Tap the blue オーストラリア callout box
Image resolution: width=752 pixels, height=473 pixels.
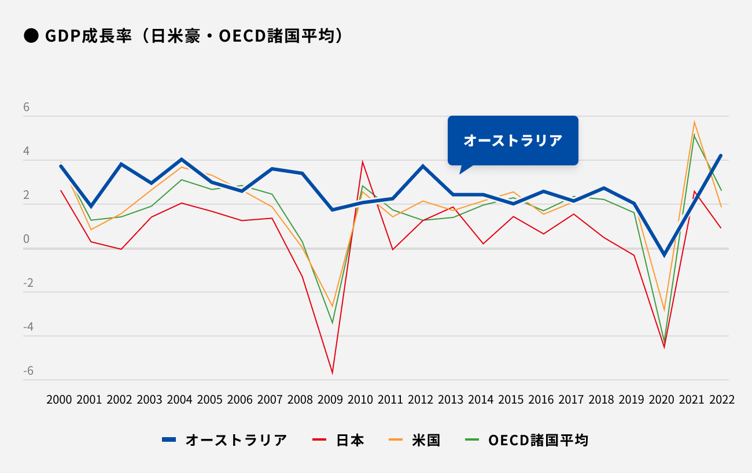point(513,141)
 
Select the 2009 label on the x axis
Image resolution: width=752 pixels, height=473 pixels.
point(330,400)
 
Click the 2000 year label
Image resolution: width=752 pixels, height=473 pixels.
point(59,400)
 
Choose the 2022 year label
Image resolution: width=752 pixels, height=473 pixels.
point(721,400)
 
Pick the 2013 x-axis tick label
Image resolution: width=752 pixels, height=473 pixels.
point(451,400)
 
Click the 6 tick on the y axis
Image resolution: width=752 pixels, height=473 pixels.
point(27,108)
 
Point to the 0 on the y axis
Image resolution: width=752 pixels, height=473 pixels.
point(27,239)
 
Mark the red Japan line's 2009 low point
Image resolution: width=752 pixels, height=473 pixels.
point(332,373)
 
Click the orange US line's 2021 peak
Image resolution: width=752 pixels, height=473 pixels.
point(694,122)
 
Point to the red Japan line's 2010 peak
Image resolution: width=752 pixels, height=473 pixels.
point(362,162)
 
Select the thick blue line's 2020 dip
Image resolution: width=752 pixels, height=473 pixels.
point(664,255)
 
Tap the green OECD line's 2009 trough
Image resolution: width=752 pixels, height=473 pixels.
point(332,323)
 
